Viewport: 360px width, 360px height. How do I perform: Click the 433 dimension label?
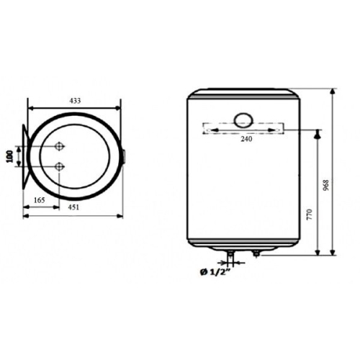coord(75,101)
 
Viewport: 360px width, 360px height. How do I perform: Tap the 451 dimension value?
coord(73,207)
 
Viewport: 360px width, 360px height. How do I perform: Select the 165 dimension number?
coord(40,200)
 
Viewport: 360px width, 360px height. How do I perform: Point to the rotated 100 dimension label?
coord(10,156)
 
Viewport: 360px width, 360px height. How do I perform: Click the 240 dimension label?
coord(246,139)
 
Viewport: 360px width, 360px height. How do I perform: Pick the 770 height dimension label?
coord(310,215)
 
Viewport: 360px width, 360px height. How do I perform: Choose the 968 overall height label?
coord(325,185)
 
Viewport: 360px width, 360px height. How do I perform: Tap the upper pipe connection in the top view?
coord(59,146)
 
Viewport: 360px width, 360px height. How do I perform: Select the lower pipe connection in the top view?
coord(59,166)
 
